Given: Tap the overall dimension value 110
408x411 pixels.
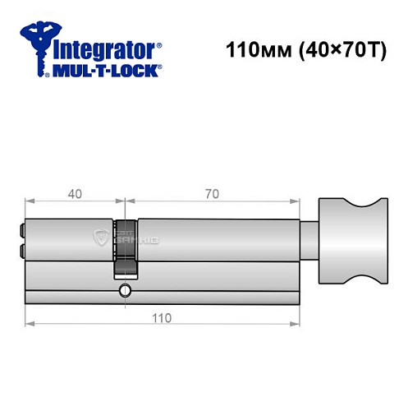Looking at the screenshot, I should coord(161,318).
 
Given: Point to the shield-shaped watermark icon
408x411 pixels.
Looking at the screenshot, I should coord(102,239).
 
